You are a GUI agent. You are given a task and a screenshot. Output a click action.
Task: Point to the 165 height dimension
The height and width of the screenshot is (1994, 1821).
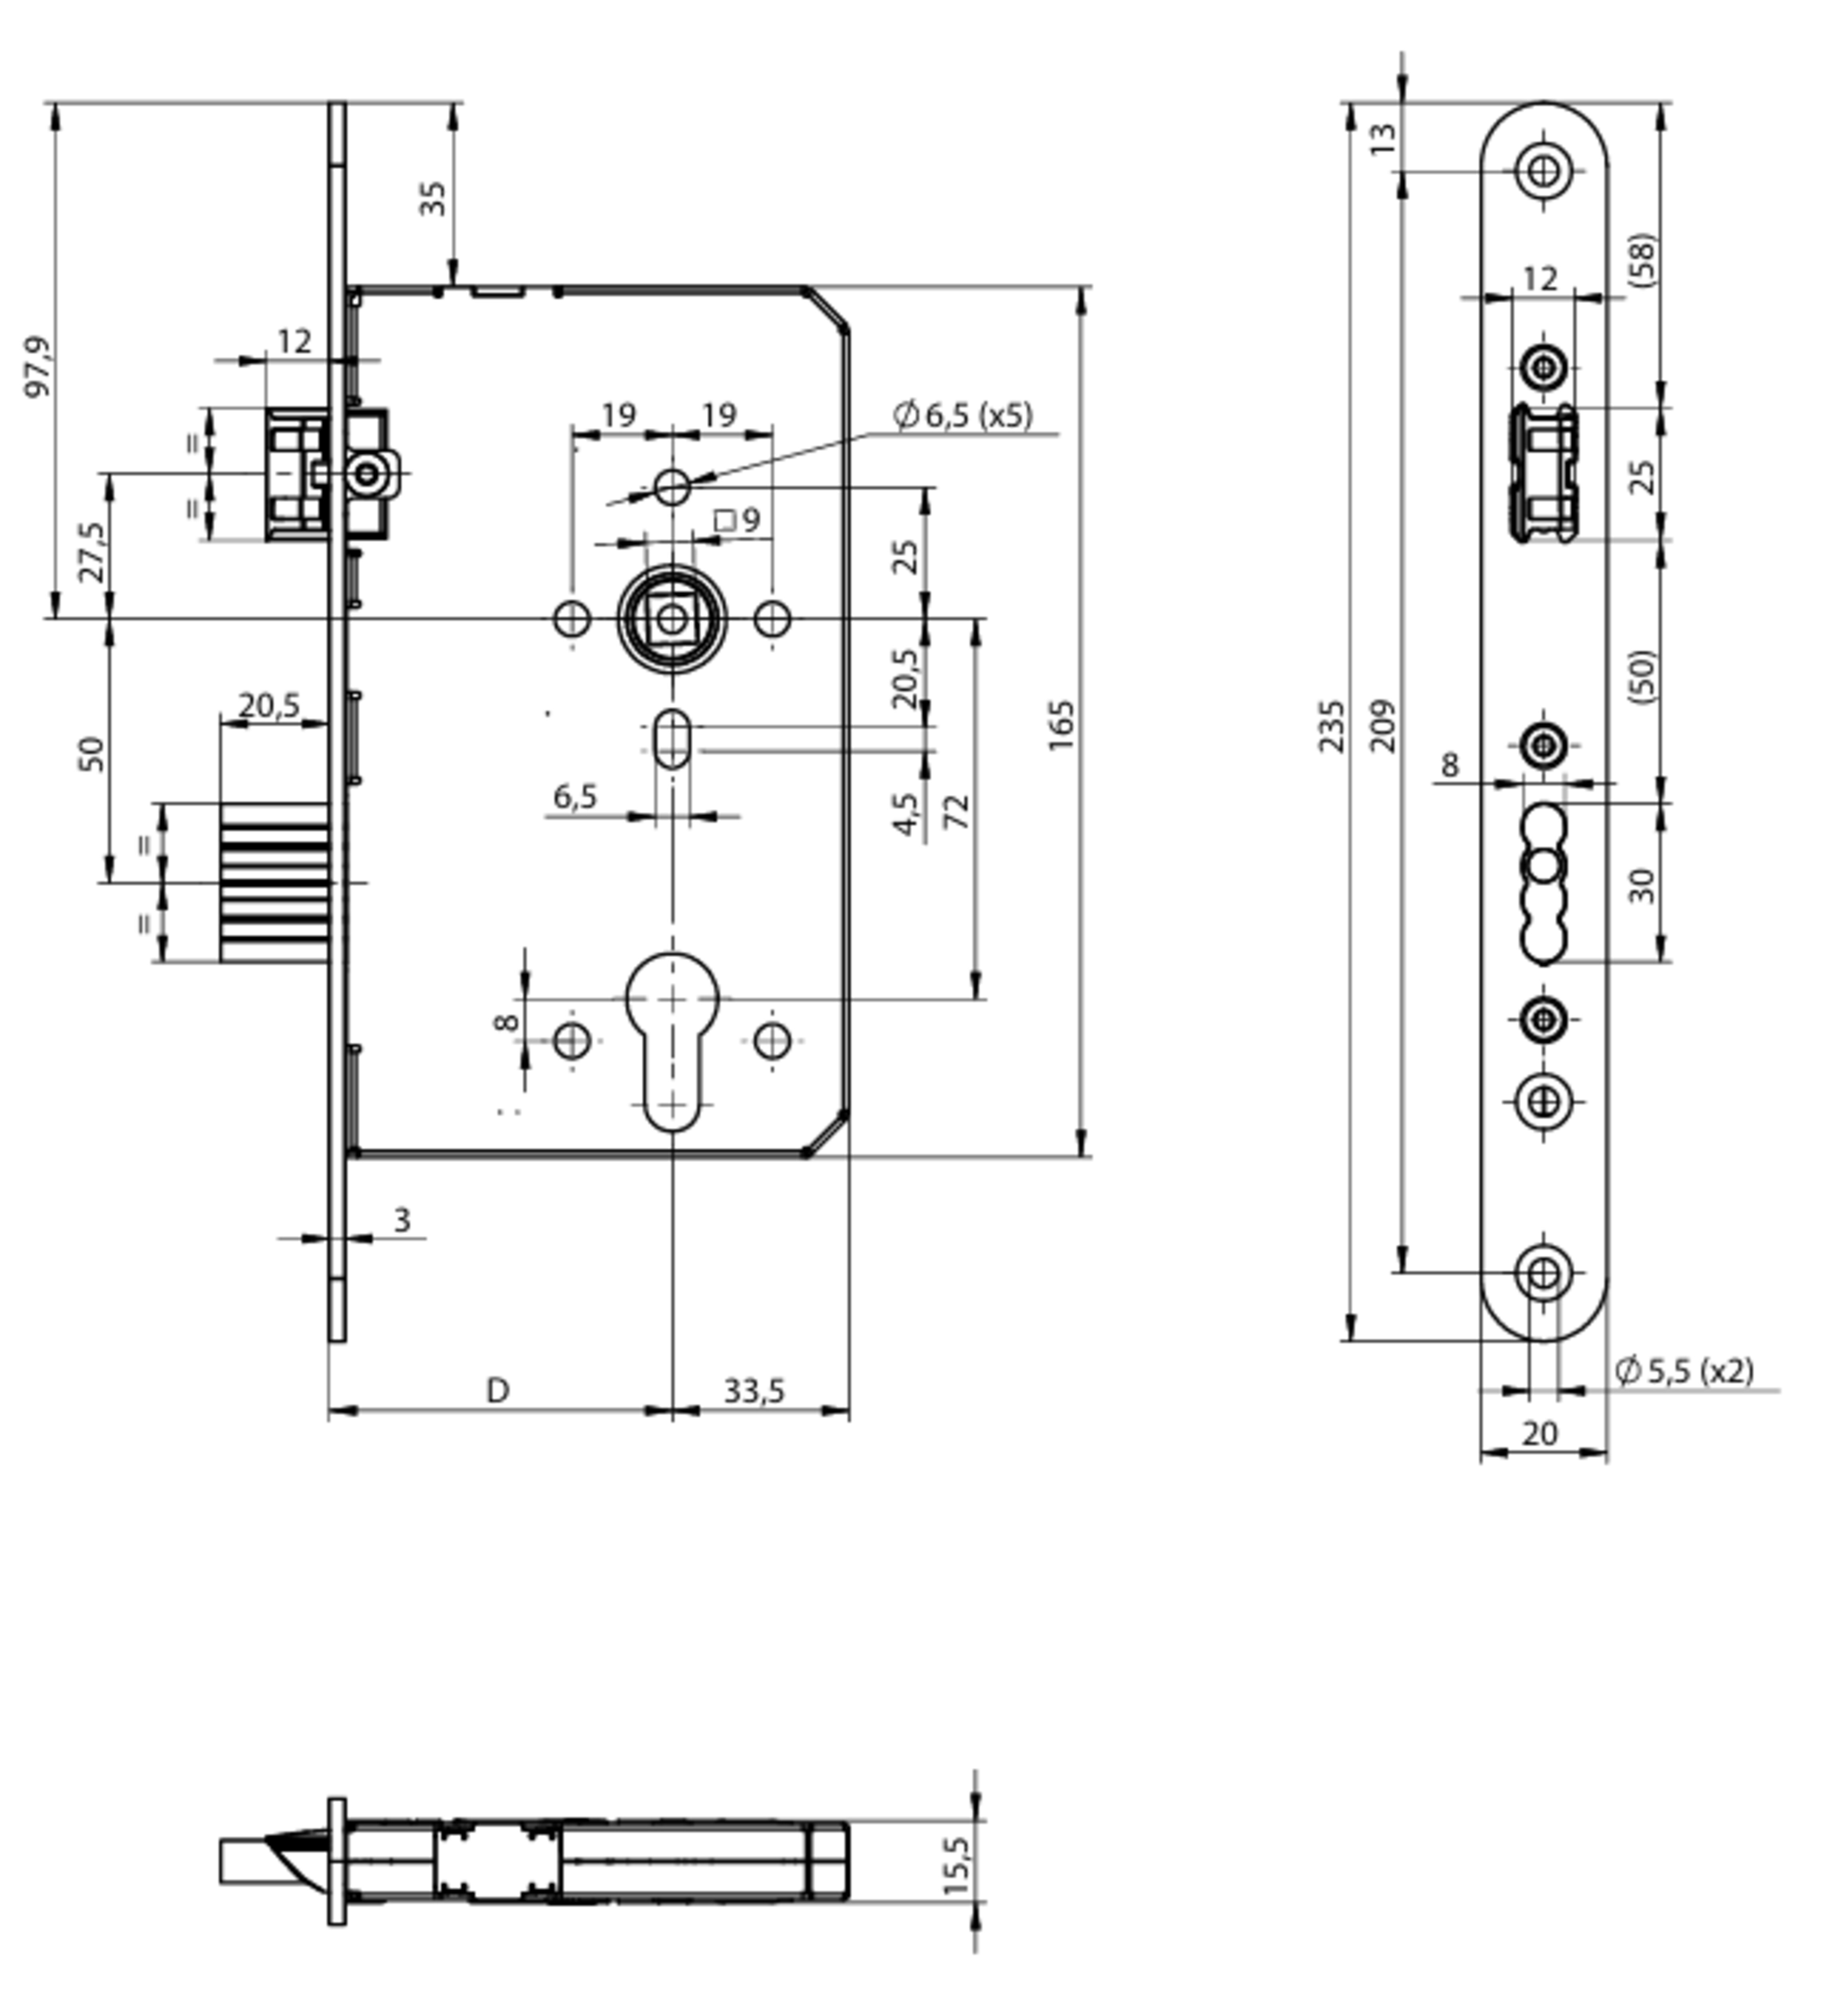point(1060,725)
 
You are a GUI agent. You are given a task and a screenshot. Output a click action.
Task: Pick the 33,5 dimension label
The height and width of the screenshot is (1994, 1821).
point(754,1391)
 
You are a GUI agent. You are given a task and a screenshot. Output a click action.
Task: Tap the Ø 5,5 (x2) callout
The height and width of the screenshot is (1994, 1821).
point(1683,1370)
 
